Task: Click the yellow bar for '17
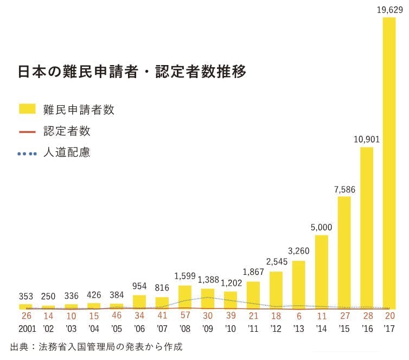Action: click(389, 163)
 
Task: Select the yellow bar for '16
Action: click(366, 228)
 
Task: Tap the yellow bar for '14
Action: click(321, 272)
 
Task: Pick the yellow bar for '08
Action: click(185, 297)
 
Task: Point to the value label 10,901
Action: click(366, 139)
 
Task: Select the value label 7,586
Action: click(344, 189)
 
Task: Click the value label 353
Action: click(26, 297)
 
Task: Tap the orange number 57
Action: click(185, 316)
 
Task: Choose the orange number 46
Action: click(117, 316)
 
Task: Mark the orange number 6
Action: click(298, 316)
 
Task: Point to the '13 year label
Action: click(298, 329)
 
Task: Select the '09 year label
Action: click(208, 329)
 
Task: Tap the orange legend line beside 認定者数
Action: click(27, 131)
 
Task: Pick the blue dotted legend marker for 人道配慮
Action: click(27, 153)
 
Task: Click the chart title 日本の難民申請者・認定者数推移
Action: click(132, 72)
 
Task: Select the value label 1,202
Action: click(231, 283)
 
